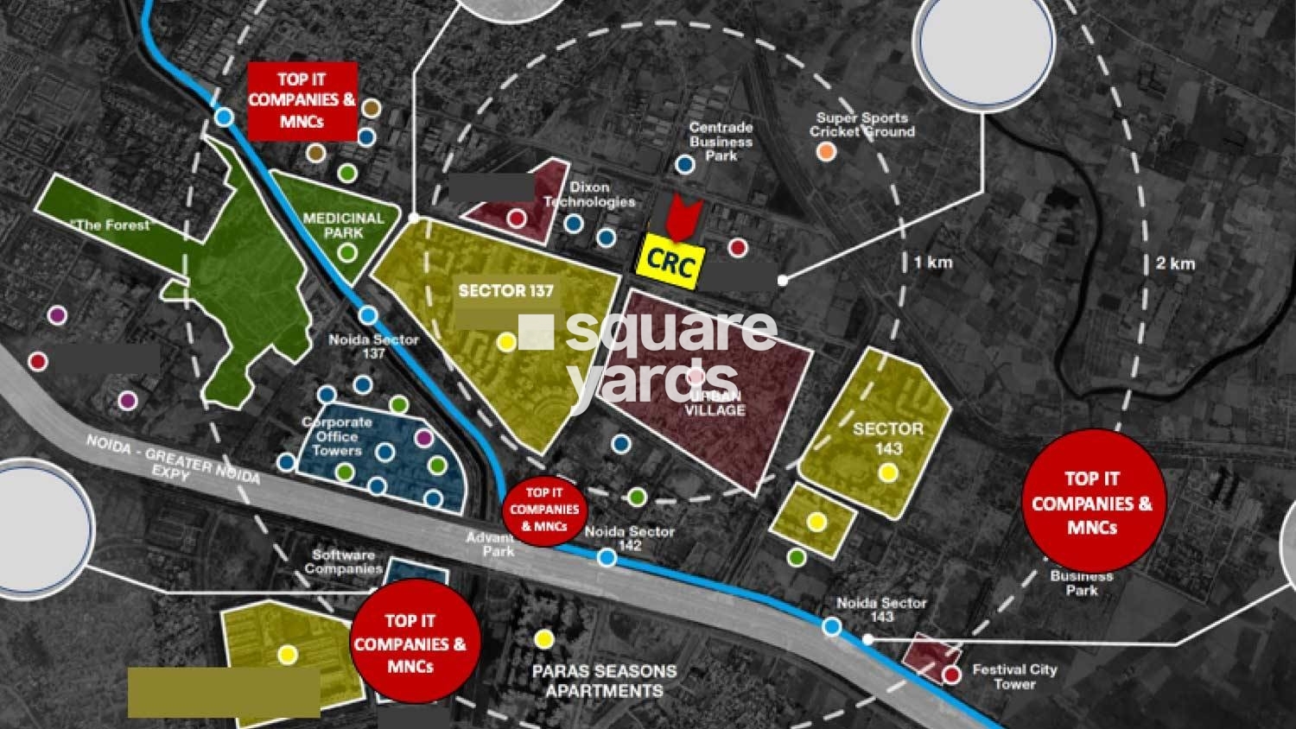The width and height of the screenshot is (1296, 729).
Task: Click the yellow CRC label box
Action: [x=670, y=262]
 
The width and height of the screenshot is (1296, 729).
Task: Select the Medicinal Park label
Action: [x=343, y=225]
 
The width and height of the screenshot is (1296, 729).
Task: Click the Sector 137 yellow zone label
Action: [x=505, y=290]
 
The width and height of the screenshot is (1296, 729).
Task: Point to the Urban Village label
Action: [x=715, y=402]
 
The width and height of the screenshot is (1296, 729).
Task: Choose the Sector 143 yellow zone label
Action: [x=887, y=438]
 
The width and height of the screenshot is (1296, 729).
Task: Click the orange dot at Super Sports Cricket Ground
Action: [x=826, y=152]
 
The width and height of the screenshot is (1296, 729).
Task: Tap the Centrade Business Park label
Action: [x=721, y=141]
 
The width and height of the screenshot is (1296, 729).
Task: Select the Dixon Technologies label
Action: [x=589, y=194]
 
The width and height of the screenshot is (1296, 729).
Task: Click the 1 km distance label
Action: [x=933, y=263]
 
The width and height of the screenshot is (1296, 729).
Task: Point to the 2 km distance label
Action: [x=1175, y=263]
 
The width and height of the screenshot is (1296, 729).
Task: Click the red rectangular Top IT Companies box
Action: [x=302, y=100]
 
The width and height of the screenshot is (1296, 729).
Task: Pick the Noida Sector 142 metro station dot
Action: [x=607, y=558]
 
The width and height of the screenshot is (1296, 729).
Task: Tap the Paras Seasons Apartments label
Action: [x=604, y=681]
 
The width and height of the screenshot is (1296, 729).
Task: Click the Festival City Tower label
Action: [x=1013, y=676]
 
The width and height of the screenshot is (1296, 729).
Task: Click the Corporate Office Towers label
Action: [x=336, y=436]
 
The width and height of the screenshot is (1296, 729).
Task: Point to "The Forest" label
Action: [x=112, y=225]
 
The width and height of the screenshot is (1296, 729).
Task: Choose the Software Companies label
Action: [x=343, y=561]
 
